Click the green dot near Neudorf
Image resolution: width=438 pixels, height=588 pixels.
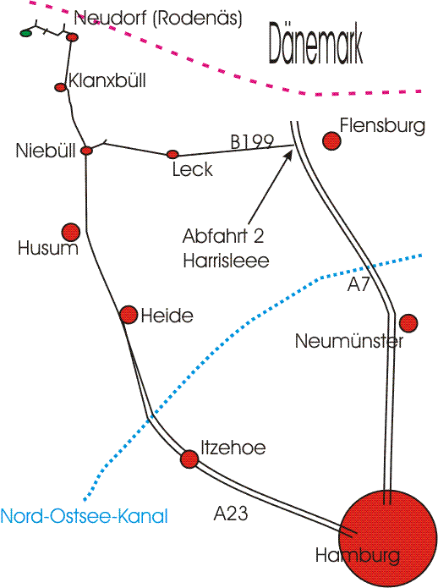click(x=26, y=33)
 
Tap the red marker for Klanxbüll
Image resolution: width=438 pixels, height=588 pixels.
click(x=60, y=87)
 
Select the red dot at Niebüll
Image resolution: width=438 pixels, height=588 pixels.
click(x=86, y=151)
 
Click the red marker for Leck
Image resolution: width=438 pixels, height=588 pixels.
click(x=172, y=154)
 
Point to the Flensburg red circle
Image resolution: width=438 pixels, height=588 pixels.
click(x=331, y=141)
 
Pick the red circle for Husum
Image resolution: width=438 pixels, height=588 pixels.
click(x=71, y=232)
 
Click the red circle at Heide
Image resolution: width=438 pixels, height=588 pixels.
click(x=129, y=315)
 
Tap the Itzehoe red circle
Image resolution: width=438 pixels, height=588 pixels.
click(x=189, y=459)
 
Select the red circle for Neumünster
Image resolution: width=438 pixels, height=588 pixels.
click(x=408, y=323)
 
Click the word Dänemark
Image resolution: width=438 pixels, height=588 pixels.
click(x=315, y=44)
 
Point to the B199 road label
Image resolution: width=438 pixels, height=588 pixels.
click(x=252, y=141)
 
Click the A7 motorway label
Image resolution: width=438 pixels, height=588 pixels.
click(x=359, y=284)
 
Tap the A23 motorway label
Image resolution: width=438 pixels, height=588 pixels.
click(x=231, y=513)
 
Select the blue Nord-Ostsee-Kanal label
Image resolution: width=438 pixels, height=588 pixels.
click(x=85, y=516)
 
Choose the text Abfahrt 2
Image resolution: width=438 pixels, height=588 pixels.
click(x=223, y=236)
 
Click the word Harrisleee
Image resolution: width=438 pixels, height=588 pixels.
click(x=226, y=261)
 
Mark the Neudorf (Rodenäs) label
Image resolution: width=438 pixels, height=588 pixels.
click(x=158, y=19)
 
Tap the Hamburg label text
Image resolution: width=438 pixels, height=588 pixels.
click(x=358, y=555)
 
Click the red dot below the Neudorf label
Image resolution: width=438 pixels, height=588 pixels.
click(x=73, y=37)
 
